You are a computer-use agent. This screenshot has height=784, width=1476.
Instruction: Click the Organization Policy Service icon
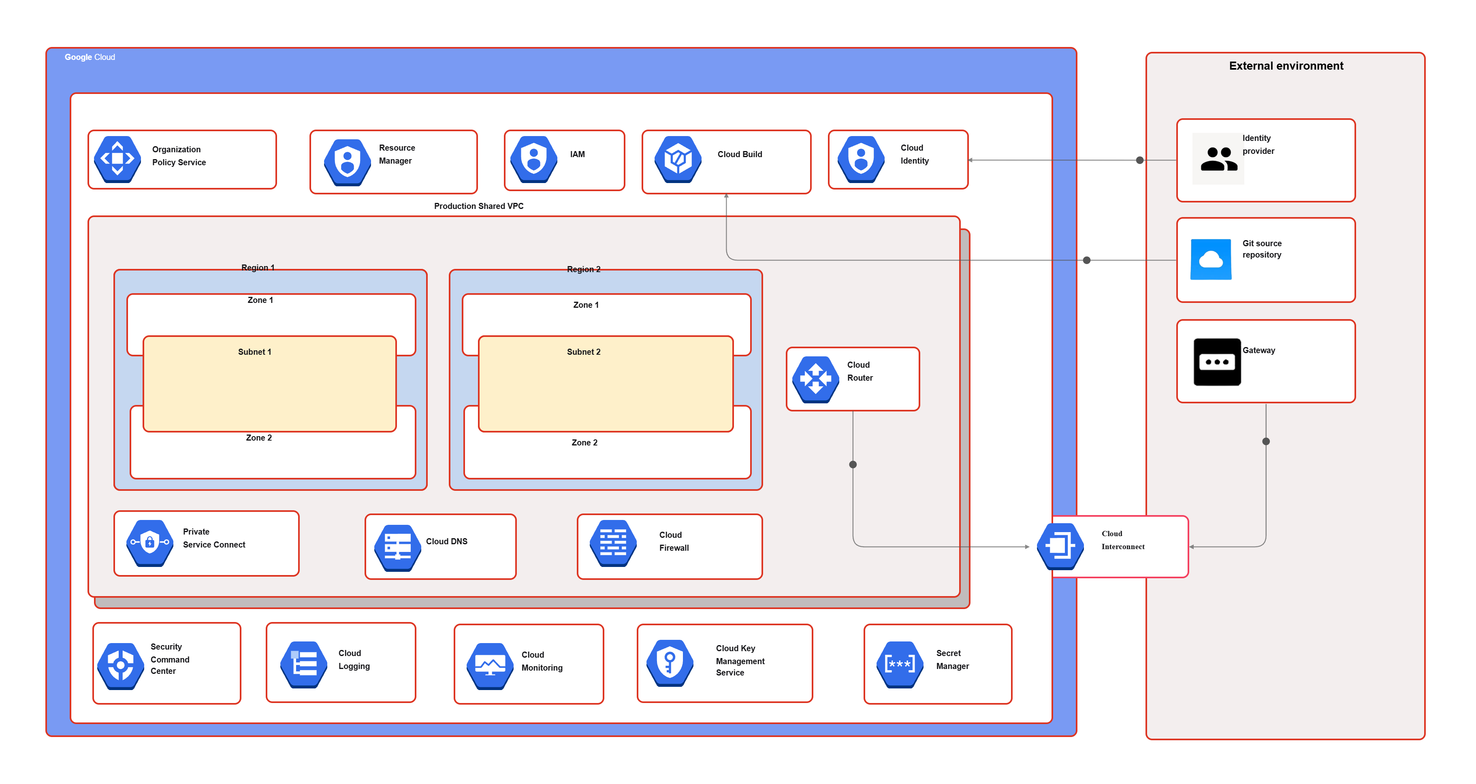point(117,159)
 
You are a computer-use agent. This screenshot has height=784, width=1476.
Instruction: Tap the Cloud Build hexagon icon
point(678,159)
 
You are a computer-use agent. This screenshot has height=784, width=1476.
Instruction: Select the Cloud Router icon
point(815,379)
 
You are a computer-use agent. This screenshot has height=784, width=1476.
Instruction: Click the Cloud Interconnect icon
point(1060,546)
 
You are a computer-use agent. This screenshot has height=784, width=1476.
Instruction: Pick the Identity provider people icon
point(1218,159)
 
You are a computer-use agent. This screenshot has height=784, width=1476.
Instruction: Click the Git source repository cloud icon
point(1211,260)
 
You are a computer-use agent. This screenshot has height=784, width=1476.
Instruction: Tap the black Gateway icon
point(1217,362)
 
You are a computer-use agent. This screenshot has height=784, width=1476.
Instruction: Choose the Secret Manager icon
point(900,664)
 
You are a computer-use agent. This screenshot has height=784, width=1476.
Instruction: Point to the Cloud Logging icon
point(304,664)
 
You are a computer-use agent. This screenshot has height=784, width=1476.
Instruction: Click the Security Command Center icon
point(120,665)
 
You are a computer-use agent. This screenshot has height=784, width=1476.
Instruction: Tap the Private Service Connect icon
point(149,543)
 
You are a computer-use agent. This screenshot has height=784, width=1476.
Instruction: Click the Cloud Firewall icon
point(613,543)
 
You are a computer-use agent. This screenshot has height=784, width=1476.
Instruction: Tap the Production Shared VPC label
point(478,206)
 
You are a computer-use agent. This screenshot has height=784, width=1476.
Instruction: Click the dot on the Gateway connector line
point(1266,441)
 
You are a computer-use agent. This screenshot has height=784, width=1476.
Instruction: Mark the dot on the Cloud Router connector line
point(853,464)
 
